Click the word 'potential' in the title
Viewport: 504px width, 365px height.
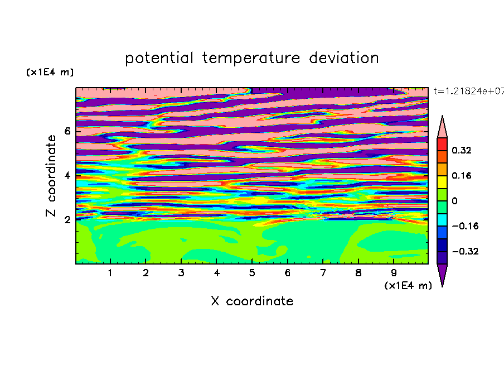click(159, 58)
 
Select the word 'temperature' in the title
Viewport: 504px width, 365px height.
click(251, 58)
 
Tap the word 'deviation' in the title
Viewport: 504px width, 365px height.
click(344, 58)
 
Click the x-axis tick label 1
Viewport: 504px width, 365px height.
click(110, 273)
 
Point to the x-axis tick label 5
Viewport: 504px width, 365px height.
click(252, 273)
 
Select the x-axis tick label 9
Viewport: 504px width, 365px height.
click(394, 273)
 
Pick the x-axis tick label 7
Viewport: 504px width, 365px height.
click(323, 273)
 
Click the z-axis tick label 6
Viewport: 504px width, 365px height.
click(67, 131)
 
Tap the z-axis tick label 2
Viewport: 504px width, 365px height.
click(67, 219)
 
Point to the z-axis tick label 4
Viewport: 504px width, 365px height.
click(67, 175)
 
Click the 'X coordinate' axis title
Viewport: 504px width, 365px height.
click(252, 301)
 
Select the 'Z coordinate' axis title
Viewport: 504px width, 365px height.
click(51, 176)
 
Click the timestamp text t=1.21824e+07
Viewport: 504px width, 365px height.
click(469, 91)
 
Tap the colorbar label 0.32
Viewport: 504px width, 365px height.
click(462, 150)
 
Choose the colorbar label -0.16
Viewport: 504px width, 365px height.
click(465, 226)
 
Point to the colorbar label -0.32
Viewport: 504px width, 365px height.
click(465, 251)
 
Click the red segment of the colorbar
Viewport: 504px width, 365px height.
click(442, 144)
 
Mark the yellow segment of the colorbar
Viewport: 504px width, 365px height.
click(442, 182)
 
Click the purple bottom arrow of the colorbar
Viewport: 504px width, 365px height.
click(442, 273)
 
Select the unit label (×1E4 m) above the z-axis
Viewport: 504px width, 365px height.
click(50, 72)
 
